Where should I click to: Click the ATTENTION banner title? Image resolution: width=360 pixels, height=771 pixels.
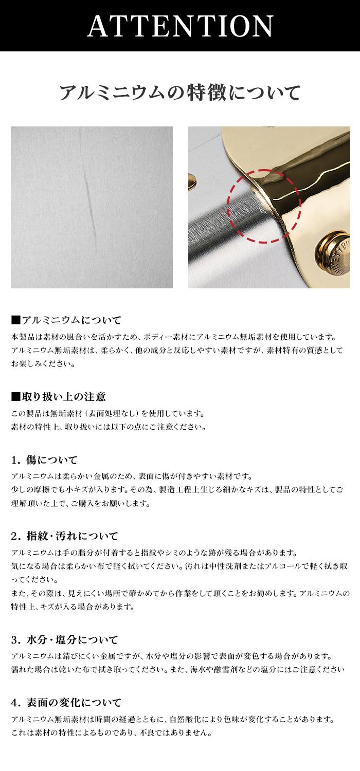point(180,26)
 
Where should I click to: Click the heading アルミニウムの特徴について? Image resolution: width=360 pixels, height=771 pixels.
point(180,93)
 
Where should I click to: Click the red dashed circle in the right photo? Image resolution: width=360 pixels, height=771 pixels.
point(264,206)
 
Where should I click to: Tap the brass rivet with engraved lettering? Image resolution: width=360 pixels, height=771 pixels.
point(333,255)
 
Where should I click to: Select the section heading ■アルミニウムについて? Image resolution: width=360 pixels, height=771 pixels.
point(66,320)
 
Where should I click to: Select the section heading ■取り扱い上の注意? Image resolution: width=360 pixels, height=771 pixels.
point(58,396)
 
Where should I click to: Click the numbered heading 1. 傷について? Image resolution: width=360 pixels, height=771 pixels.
point(44,460)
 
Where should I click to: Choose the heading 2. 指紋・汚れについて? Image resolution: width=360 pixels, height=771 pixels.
point(64,536)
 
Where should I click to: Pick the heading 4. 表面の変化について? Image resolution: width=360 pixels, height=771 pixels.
point(66,703)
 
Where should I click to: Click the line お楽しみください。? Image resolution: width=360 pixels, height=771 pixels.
point(43,364)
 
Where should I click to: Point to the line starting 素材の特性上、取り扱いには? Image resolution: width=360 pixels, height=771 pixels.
point(109,427)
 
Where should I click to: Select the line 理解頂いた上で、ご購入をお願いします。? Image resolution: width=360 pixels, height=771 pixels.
point(81,504)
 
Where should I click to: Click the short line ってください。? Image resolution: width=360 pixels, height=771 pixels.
point(34,580)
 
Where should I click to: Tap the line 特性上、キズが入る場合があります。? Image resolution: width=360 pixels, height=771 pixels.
point(73,607)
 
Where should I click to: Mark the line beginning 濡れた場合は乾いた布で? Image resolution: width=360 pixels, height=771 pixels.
point(178,669)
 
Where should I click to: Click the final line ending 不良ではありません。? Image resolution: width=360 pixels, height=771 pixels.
point(111,732)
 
